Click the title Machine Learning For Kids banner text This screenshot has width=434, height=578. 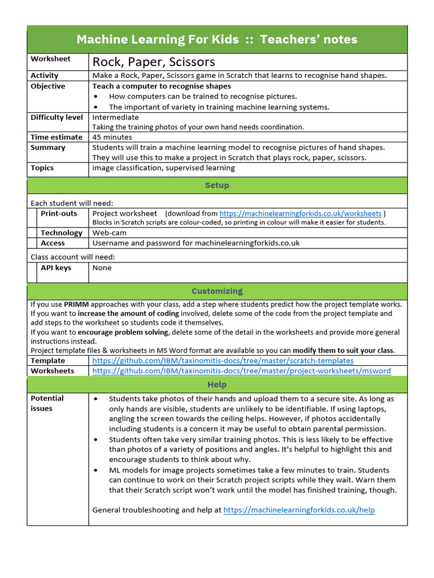[216, 40]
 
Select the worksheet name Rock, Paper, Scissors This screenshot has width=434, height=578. [154, 62]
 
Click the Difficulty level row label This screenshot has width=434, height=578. [57, 117]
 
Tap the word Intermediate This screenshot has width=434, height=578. [115, 117]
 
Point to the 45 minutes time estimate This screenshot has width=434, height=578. [112, 137]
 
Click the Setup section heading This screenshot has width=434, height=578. [217, 185]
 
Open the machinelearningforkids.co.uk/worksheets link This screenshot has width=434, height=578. [300, 213]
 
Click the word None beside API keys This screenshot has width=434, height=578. [102, 268]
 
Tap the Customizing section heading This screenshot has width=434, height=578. [217, 291]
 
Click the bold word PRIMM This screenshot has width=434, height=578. [76, 304]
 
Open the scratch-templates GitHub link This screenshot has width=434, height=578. [223, 360]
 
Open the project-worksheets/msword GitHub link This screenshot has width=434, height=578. [241, 371]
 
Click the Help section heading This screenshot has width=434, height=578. [217, 384]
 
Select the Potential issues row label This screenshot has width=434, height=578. [47, 403]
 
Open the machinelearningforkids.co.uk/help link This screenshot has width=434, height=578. [299, 510]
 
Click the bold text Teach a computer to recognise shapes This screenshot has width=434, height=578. [162, 86]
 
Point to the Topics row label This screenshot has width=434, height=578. [42, 168]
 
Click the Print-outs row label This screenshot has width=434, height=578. [59, 213]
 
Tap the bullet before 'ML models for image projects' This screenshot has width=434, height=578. [97, 470]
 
